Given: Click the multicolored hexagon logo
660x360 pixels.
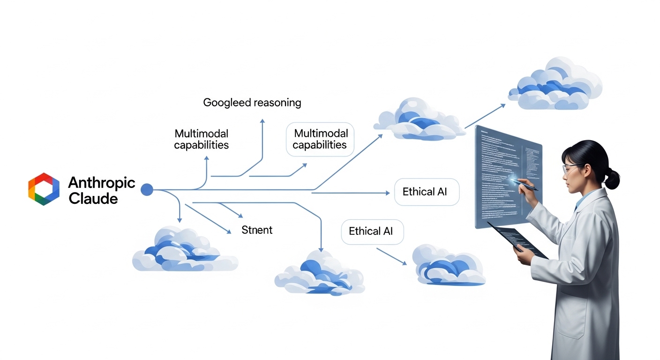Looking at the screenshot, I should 44,189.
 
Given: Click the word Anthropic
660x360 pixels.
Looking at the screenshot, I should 101,182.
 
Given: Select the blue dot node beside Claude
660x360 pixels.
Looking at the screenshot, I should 147,189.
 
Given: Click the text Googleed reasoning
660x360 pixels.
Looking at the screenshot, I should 252,102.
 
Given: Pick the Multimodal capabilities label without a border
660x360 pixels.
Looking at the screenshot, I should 201,139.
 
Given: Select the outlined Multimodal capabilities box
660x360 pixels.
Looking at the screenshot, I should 320,139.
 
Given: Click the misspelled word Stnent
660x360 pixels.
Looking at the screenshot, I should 256,230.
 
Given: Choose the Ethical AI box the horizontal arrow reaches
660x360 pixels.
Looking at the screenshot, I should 427,192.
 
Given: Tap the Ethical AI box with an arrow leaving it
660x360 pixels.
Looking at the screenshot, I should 372,232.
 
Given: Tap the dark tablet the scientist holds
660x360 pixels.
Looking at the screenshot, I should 518,240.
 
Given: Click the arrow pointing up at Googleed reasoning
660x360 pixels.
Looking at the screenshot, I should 262,141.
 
